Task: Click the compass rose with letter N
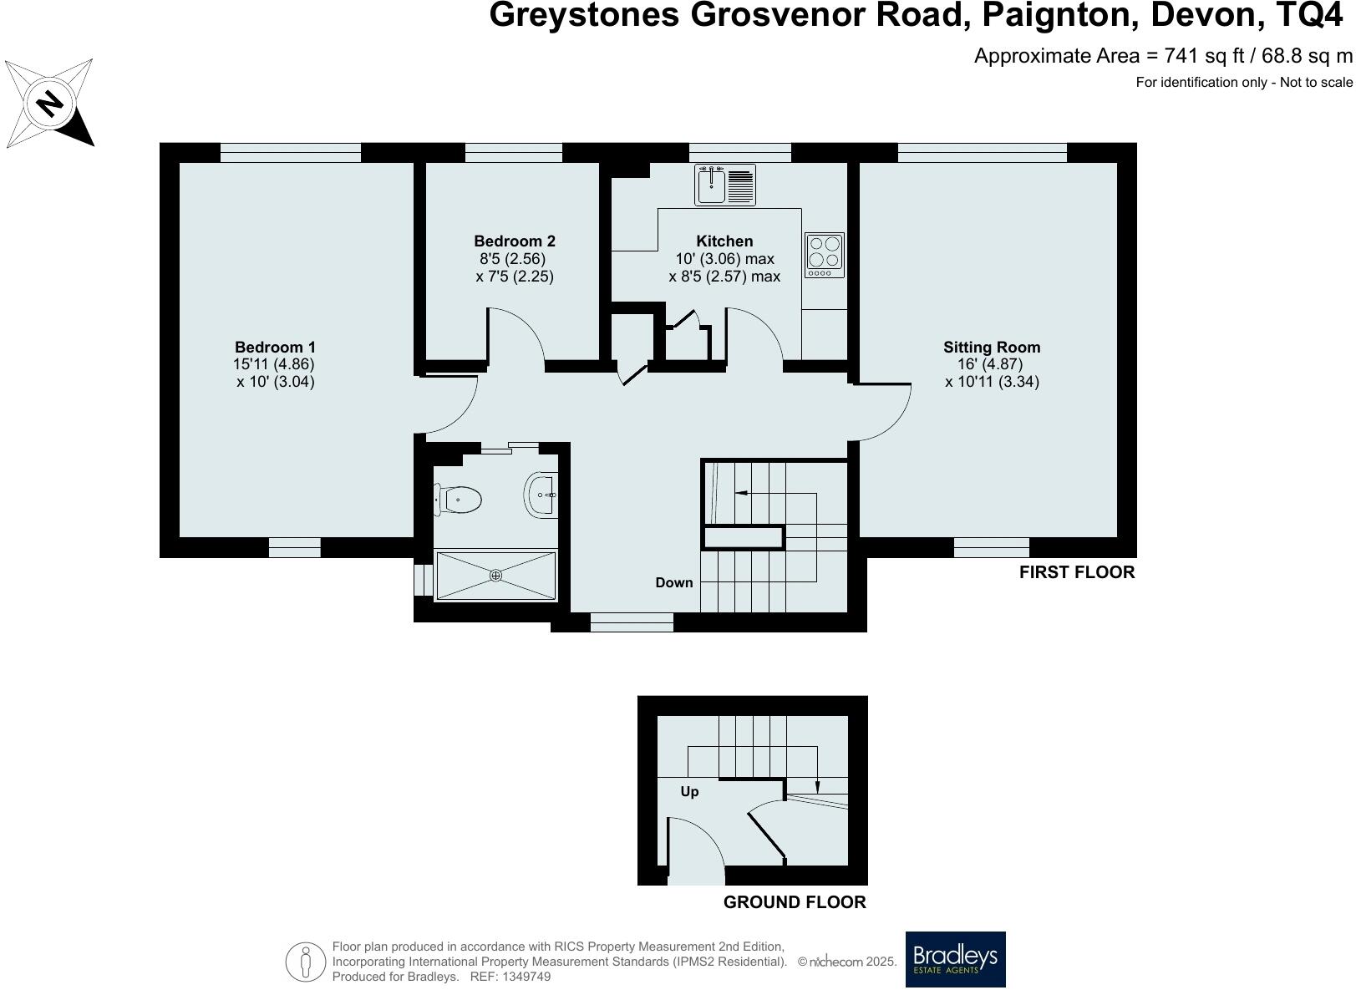[x=49, y=103]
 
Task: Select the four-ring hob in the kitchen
[x=824, y=255]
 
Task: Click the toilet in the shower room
[x=459, y=500]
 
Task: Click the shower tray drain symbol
[x=495, y=575]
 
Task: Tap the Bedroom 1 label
[x=275, y=347]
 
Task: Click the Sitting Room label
[x=992, y=347]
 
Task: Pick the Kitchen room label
[x=724, y=241]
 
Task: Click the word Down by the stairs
[x=673, y=582]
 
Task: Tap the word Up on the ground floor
[x=689, y=791]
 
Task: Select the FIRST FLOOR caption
[x=1076, y=572]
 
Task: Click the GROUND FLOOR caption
[x=794, y=902]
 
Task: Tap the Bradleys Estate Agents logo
[x=956, y=959]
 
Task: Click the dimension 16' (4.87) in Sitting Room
[x=991, y=364]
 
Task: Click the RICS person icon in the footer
[x=306, y=962]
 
